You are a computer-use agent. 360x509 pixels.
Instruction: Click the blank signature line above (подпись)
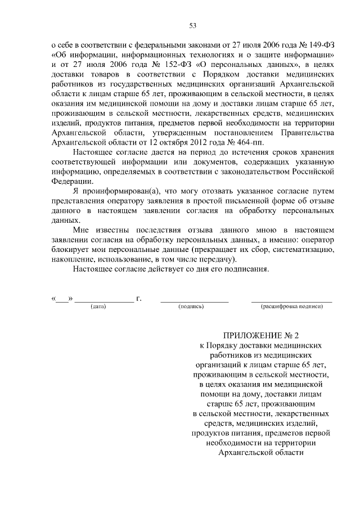[x=195, y=301]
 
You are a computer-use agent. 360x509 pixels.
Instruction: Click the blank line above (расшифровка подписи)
[x=291, y=301]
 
